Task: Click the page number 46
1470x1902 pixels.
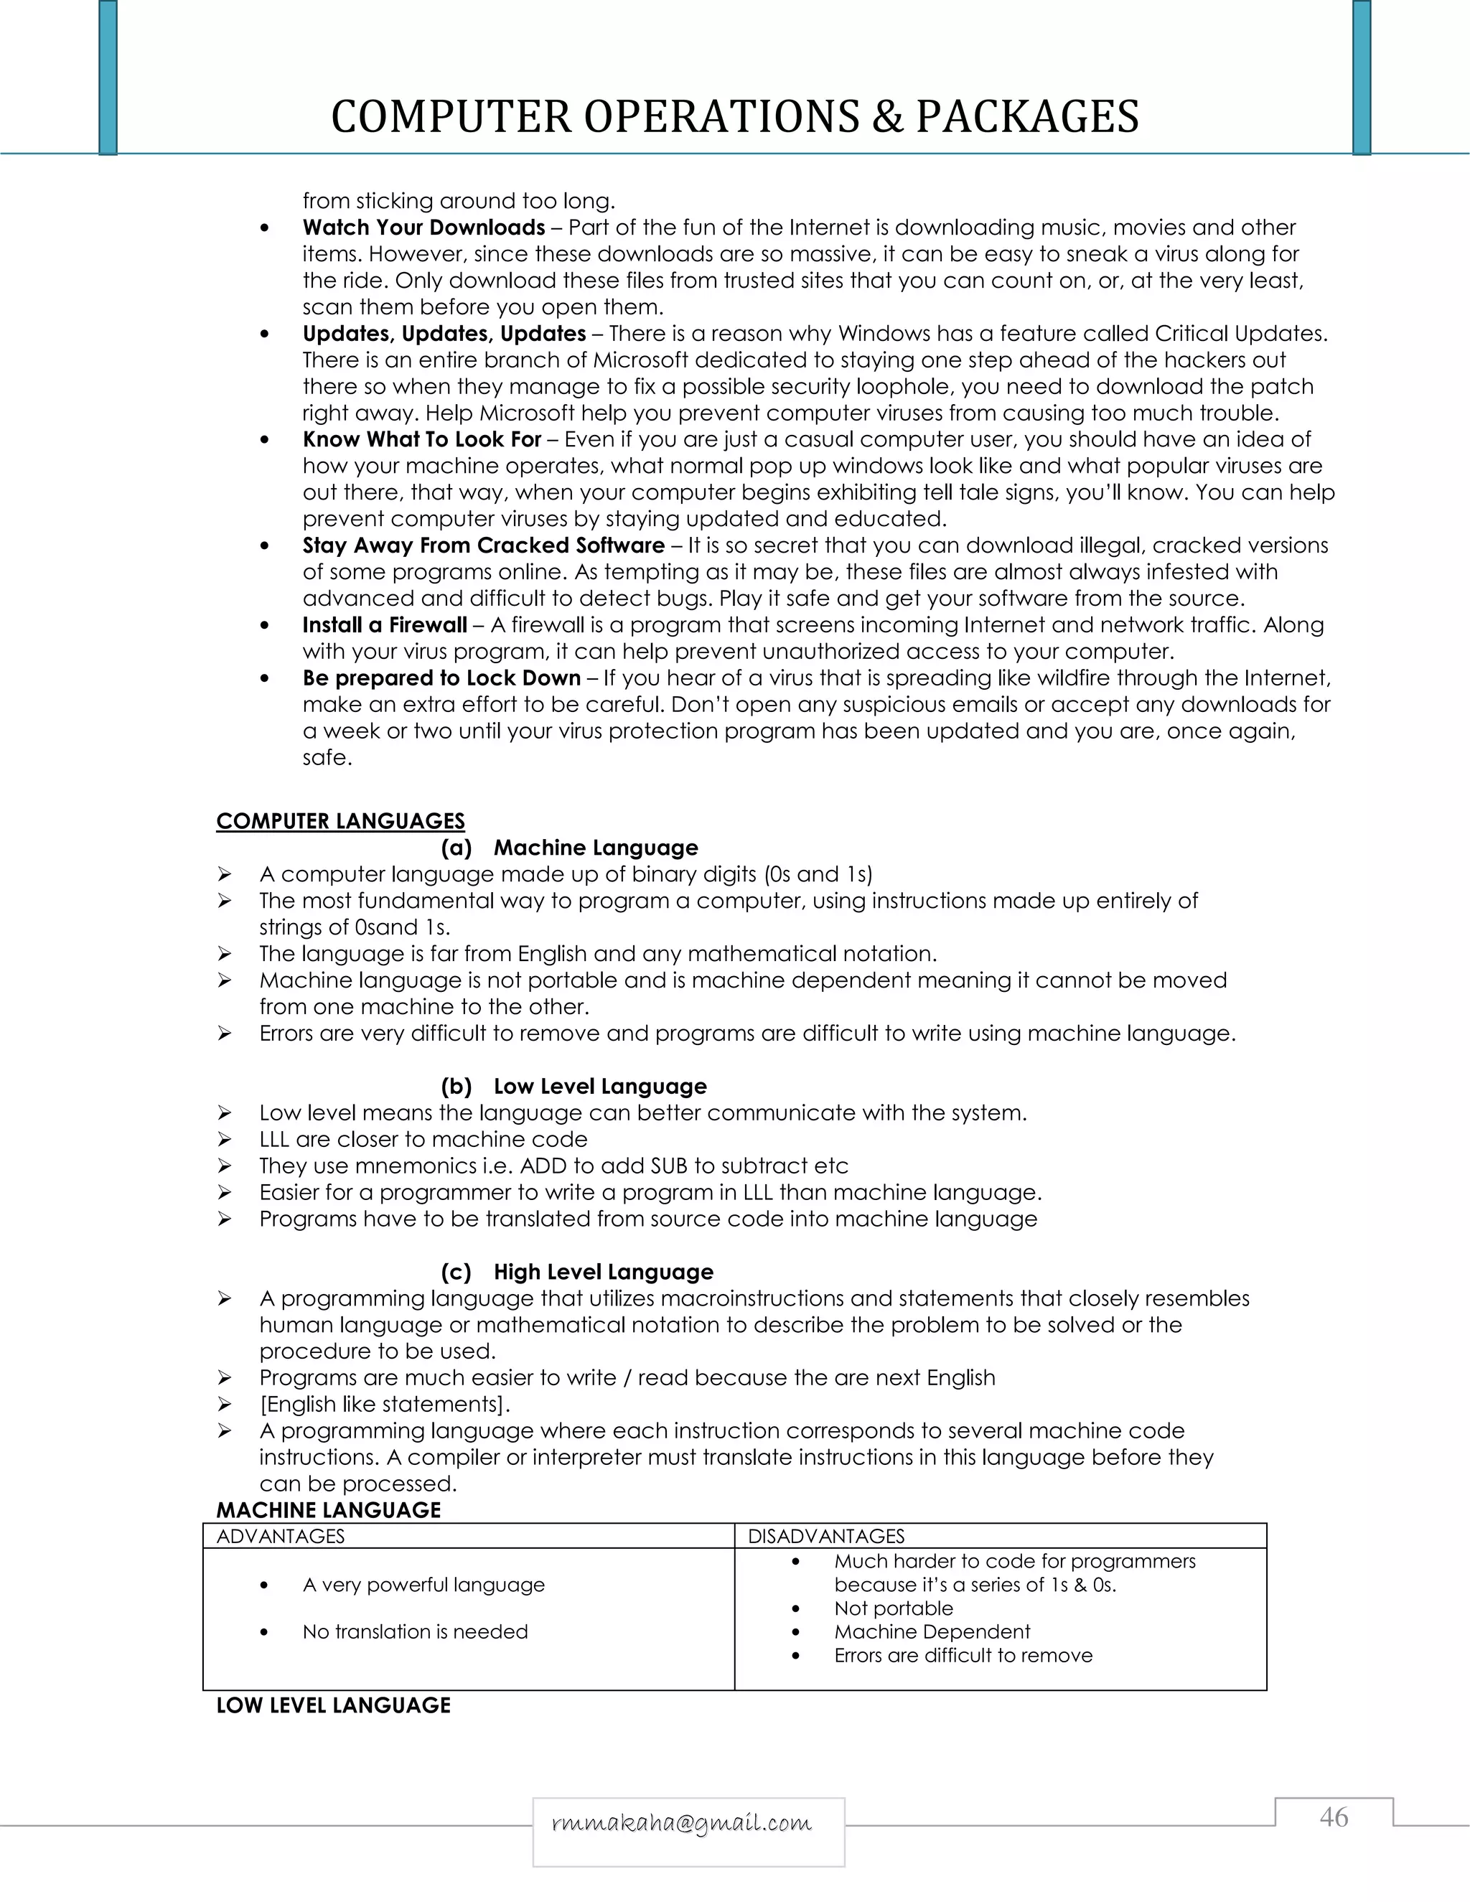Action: (x=1334, y=1817)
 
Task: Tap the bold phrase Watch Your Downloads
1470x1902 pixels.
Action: (x=423, y=228)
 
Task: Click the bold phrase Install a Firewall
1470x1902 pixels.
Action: (x=385, y=624)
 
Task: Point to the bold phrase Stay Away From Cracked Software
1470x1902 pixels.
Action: (x=483, y=545)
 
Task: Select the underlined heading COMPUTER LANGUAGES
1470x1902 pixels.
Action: (x=340, y=821)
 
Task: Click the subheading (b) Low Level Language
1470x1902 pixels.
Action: (x=574, y=1086)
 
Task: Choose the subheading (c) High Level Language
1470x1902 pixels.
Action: (x=577, y=1272)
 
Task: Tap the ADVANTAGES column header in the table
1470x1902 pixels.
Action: (x=281, y=1536)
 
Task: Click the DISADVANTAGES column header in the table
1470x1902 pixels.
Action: (x=825, y=1536)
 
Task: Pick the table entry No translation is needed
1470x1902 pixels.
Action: (x=415, y=1631)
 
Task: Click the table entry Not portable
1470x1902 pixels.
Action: (x=893, y=1608)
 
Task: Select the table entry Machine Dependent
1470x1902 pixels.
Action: (x=931, y=1631)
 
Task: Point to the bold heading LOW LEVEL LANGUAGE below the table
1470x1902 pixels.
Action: (x=334, y=1705)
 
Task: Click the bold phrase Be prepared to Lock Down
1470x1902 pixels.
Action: (x=441, y=678)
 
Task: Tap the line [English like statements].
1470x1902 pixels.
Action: (x=384, y=1404)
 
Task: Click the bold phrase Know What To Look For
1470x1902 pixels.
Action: (x=422, y=439)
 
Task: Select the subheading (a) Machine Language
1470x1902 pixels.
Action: (x=569, y=848)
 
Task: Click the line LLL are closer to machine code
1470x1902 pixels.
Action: (x=423, y=1139)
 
